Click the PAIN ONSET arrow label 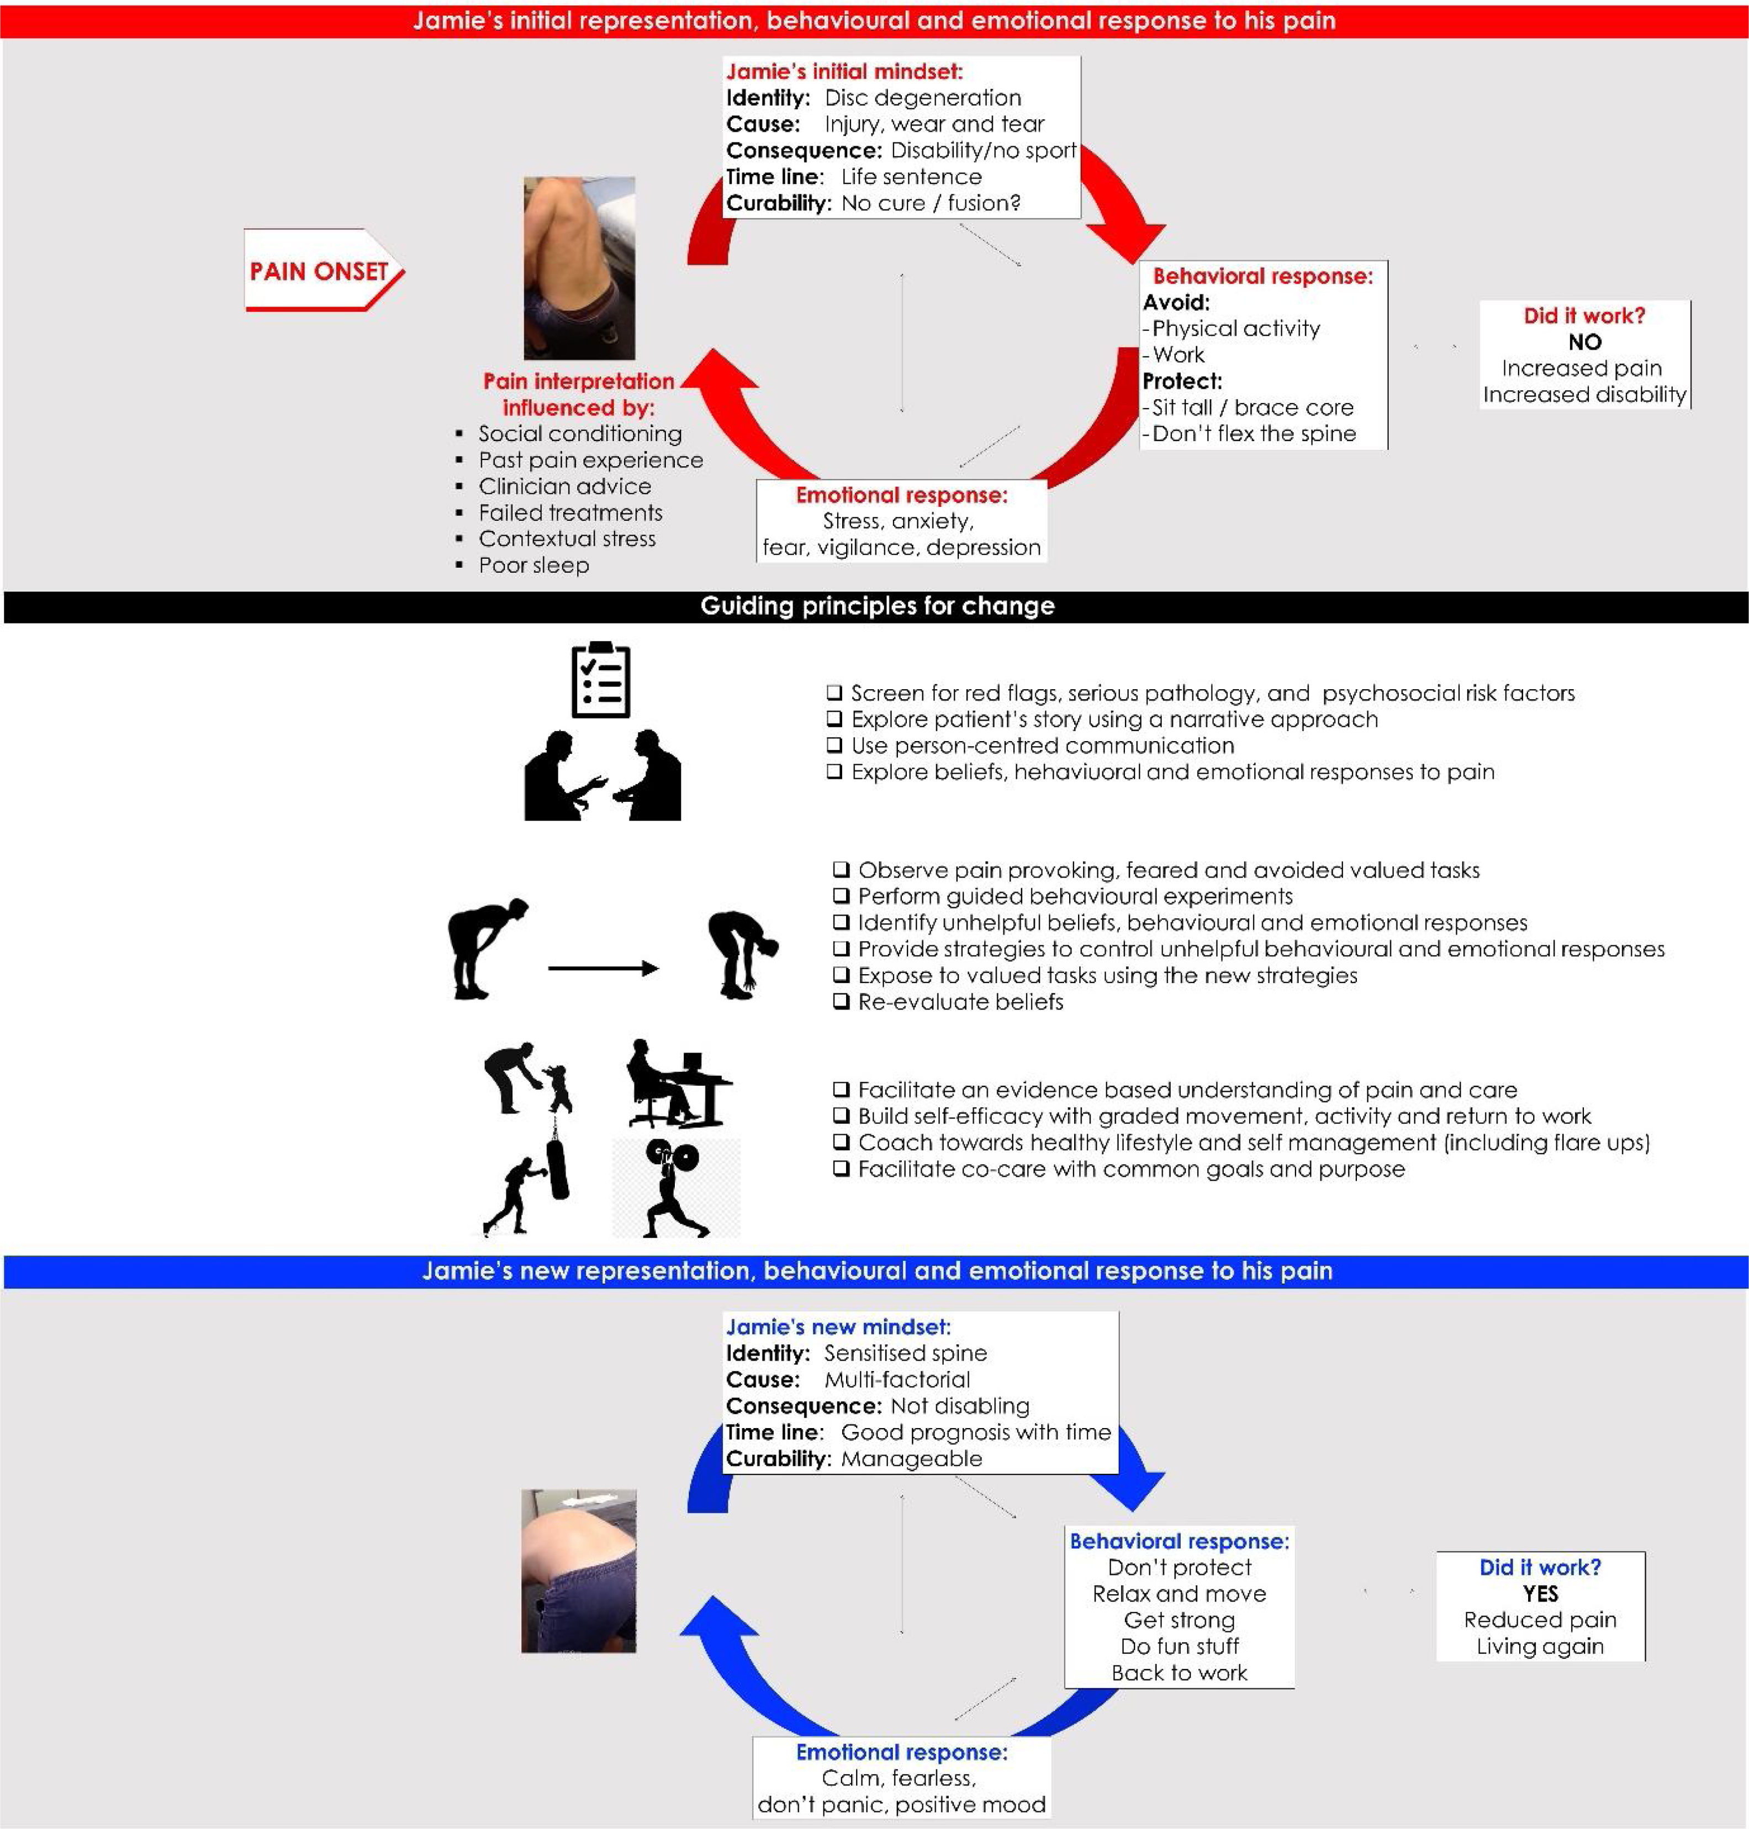click(x=319, y=271)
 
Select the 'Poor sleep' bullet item click(x=533, y=565)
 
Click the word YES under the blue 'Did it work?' click(x=1540, y=1593)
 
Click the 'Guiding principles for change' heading click(x=878, y=606)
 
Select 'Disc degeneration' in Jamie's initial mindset click(x=922, y=98)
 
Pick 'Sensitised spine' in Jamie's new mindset click(x=905, y=1352)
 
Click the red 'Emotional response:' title click(x=901, y=495)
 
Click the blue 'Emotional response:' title click(x=901, y=1752)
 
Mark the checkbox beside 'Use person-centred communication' click(x=834, y=746)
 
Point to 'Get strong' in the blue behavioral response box click(x=1179, y=1619)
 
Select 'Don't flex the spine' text click(x=1253, y=434)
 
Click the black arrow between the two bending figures click(x=603, y=969)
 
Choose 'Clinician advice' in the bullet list click(x=564, y=485)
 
